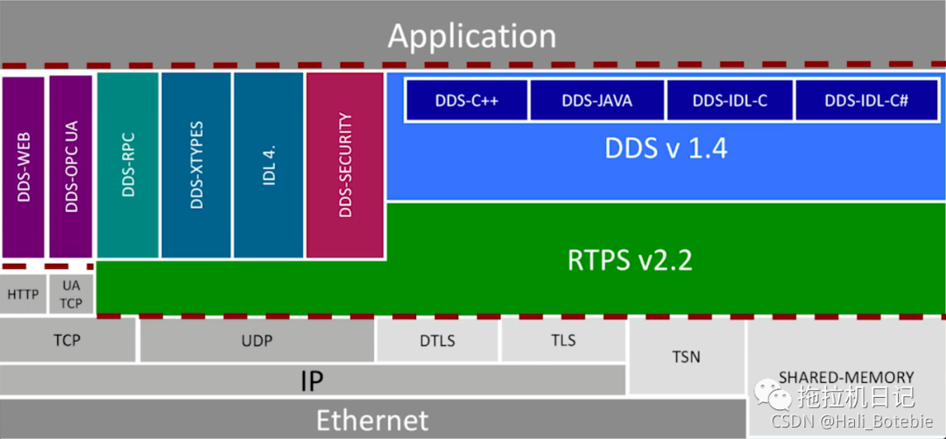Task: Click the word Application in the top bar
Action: click(x=472, y=36)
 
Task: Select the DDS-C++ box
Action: click(x=466, y=100)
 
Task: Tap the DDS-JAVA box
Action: click(x=597, y=100)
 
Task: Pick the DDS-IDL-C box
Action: click(x=730, y=100)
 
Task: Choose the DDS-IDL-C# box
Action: click(x=866, y=100)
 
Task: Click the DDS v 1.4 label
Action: click(x=666, y=148)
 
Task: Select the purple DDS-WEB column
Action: click(x=24, y=166)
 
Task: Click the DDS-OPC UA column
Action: click(x=71, y=166)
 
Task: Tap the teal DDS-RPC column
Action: click(x=128, y=165)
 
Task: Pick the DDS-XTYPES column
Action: click(x=195, y=165)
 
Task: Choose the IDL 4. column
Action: click(x=268, y=165)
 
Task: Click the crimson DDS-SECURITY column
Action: click(x=345, y=165)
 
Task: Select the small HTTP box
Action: click(x=23, y=294)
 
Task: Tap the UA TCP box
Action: click(x=71, y=294)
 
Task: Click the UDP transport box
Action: click(x=257, y=340)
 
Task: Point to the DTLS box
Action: click(x=438, y=340)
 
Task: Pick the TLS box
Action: click(x=563, y=340)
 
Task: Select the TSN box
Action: click(x=686, y=357)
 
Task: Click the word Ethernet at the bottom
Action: click(x=372, y=420)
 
